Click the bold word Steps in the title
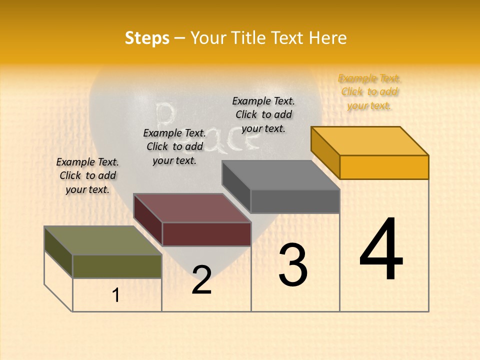(x=147, y=38)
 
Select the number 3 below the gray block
(x=292, y=265)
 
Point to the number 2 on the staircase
(x=201, y=280)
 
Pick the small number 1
(x=116, y=295)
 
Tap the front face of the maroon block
(x=206, y=234)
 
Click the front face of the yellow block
(x=384, y=167)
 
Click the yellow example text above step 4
(x=369, y=92)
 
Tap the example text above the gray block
(x=263, y=114)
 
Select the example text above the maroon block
(x=174, y=146)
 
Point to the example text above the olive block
(x=87, y=175)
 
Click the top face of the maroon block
(x=192, y=207)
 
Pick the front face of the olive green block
(x=117, y=266)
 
